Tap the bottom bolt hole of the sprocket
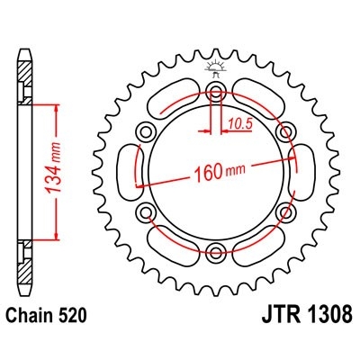216,250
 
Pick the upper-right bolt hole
285,132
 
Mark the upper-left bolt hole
147,132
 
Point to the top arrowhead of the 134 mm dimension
58,105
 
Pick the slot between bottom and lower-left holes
175,243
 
